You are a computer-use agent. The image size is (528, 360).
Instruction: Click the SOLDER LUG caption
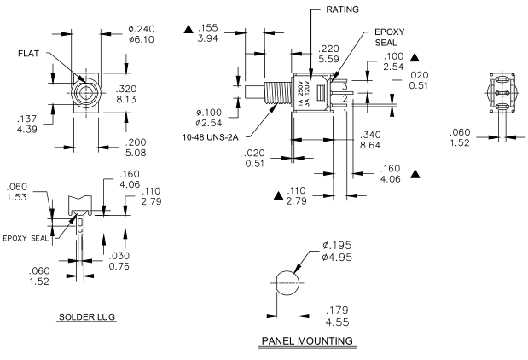pyautogui.click(x=86, y=316)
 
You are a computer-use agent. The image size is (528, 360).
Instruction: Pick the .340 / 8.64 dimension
pyautogui.click(x=373, y=139)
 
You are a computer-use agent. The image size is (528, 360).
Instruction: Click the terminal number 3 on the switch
pyautogui.click(x=345, y=86)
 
